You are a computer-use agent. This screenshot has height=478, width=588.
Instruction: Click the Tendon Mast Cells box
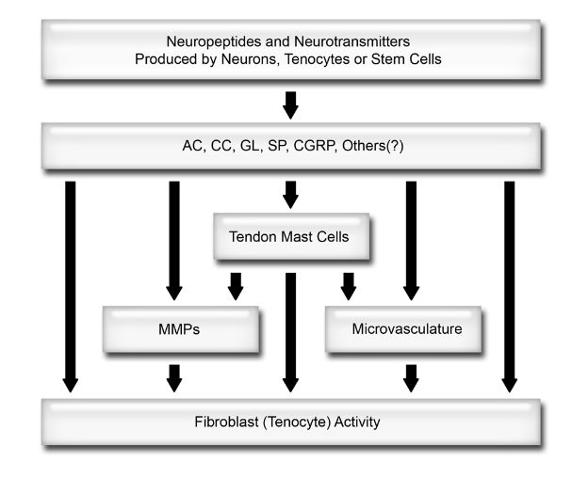(x=290, y=237)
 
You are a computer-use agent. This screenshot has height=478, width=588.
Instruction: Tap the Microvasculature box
(x=407, y=328)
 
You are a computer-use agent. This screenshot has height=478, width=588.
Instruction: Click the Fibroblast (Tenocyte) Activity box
(x=291, y=422)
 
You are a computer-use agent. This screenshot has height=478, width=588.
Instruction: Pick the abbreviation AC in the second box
(x=191, y=147)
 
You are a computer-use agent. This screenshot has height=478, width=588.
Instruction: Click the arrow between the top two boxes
(x=290, y=104)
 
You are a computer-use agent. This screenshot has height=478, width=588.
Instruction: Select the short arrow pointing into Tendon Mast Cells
(x=290, y=195)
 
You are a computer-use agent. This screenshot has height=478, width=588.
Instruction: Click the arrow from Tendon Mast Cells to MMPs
(x=236, y=285)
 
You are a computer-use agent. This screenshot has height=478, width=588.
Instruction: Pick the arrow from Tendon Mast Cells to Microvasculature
(x=348, y=285)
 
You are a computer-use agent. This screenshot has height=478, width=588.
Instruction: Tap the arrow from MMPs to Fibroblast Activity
(x=173, y=376)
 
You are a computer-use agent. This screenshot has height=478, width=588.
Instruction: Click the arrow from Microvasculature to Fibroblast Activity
(x=410, y=376)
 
